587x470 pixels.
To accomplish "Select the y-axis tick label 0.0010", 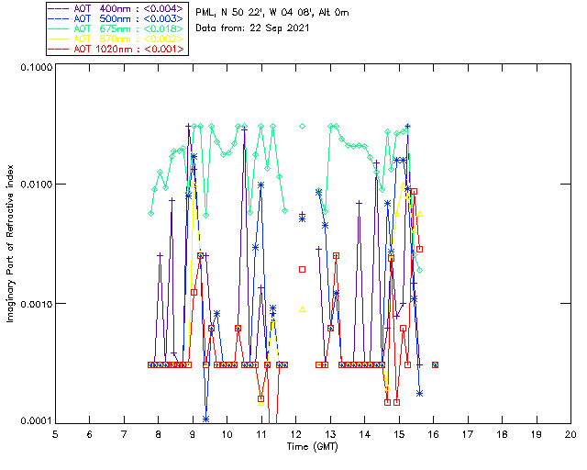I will click(30, 304).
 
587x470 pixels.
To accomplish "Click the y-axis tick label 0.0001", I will click(30, 421).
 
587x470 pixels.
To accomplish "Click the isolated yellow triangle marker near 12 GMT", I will click(302, 308).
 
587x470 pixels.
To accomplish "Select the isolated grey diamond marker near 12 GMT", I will click(302, 126).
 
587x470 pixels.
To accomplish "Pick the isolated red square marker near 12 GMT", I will click(302, 269).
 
